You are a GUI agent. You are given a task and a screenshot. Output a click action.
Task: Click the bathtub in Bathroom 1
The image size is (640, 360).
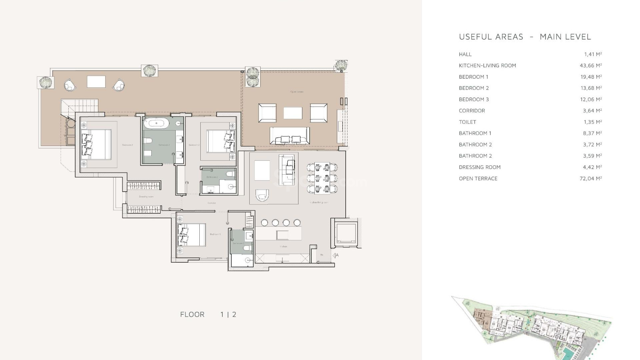(157, 124)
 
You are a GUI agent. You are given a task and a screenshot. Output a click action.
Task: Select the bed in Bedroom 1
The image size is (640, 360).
(96, 145)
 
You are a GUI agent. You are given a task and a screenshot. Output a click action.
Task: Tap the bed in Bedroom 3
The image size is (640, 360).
(191, 235)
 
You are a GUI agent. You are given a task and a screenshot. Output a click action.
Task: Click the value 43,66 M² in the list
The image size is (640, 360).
(590, 66)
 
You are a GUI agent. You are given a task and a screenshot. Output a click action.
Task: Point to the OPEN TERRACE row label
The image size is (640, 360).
(478, 179)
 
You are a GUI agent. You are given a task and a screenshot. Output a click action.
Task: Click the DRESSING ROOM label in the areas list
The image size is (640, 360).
(480, 167)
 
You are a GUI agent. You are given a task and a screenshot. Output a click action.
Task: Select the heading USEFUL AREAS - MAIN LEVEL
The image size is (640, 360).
(525, 37)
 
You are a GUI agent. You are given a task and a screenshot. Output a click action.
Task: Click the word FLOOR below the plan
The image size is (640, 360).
(192, 314)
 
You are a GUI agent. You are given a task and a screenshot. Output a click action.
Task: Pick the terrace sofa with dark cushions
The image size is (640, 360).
(289, 136)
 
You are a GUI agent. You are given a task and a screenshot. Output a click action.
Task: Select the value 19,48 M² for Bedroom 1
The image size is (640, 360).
(591, 77)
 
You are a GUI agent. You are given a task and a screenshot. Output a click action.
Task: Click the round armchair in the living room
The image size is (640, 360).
(262, 195)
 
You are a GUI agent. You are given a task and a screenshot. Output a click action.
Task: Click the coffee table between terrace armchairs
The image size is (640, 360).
(293, 113)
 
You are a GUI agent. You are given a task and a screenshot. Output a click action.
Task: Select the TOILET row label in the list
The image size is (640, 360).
(467, 122)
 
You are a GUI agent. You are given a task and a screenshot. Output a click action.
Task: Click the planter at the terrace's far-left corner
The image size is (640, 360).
(46, 82)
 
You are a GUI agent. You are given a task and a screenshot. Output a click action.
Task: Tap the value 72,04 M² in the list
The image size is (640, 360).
(590, 179)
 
